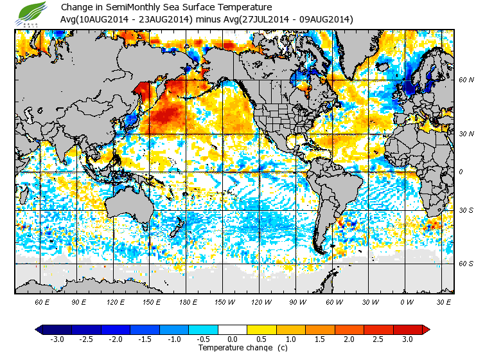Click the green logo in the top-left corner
pos(33,12)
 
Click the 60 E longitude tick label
pos(42,301)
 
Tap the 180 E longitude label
pos(188,301)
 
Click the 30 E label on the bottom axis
pos(443,301)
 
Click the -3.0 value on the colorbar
pos(57,339)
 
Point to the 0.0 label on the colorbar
pos(233,339)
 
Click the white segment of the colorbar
pos(233,329)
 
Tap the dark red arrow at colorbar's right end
pos(425,329)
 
